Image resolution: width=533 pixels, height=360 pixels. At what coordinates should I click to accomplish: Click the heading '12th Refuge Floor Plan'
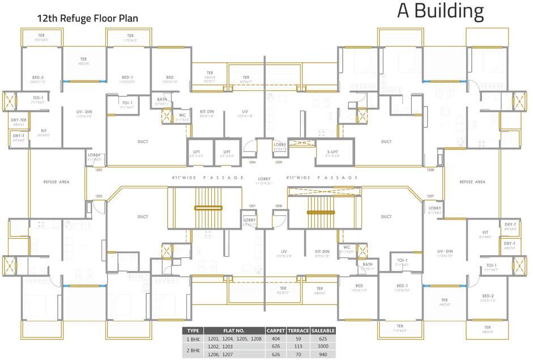coord(87,19)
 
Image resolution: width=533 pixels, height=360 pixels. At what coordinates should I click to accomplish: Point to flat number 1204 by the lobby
coord(252,162)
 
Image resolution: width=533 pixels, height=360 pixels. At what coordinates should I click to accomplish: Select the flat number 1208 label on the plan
coord(278,205)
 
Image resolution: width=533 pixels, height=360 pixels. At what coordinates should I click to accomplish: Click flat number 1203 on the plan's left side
coord(99,170)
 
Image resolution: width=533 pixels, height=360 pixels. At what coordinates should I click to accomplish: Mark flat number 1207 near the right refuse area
coord(430,196)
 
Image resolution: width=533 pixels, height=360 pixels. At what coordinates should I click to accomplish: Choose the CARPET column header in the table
coord(276,331)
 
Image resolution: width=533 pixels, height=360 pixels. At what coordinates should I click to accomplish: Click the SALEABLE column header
coord(323,331)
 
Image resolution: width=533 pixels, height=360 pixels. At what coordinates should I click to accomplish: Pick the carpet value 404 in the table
coord(276,338)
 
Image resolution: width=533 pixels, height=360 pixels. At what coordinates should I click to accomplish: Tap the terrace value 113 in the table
coord(297,346)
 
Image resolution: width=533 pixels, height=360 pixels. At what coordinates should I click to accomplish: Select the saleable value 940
coord(323,354)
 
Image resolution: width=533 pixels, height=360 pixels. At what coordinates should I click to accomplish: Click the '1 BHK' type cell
coord(193,338)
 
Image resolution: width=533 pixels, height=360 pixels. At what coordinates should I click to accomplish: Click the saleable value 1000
coord(323,346)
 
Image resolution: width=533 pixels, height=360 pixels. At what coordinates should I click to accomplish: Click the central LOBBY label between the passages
coord(264,178)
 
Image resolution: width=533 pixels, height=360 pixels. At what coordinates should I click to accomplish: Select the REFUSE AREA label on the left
coord(57,182)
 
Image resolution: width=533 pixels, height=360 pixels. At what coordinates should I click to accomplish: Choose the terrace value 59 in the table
coord(297,338)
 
